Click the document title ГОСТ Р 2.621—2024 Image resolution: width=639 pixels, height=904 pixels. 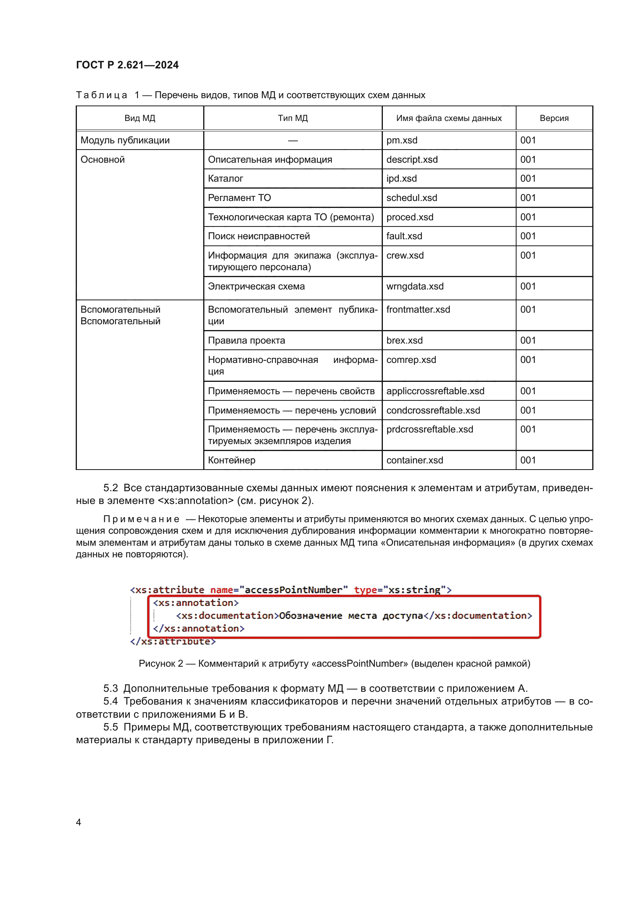(127, 65)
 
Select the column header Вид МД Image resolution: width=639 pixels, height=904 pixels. (140, 118)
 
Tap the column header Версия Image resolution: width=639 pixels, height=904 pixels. (554, 118)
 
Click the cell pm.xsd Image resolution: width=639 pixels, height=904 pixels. (402, 140)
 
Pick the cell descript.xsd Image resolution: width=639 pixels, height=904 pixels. (411, 160)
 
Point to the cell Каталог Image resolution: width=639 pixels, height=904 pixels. (226, 178)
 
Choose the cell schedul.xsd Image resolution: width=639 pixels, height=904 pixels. (411, 197)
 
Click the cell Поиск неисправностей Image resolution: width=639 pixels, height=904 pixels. (259, 236)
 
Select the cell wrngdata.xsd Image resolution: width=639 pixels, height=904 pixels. (415, 286)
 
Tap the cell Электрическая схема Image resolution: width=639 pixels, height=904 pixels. (256, 286)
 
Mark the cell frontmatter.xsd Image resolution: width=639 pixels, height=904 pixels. (418, 310)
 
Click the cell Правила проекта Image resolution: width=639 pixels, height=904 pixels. (246, 340)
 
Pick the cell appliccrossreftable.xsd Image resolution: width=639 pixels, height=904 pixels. (435, 391)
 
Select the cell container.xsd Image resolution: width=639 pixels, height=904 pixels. (414, 460)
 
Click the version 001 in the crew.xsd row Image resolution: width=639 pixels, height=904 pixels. (528, 255)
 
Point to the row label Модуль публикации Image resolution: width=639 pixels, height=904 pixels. (125, 140)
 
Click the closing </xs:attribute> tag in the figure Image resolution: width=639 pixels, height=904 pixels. (173, 642)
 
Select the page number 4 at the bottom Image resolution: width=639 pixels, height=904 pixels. (79, 822)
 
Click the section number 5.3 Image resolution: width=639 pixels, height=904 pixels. (110, 688)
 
